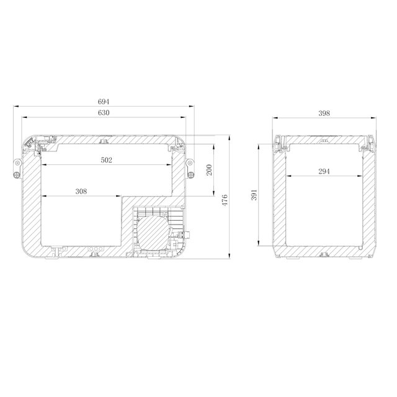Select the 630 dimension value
[x=104, y=112]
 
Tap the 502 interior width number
[x=106, y=160]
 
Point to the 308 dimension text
[x=81, y=192]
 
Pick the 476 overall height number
[x=226, y=200]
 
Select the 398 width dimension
[x=323, y=113]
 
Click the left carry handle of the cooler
[x=16, y=167]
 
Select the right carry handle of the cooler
[x=191, y=167]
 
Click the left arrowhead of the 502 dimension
[x=43, y=165]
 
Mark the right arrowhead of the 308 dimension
[x=121, y=197]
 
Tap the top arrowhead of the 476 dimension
[x=230, y=136]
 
